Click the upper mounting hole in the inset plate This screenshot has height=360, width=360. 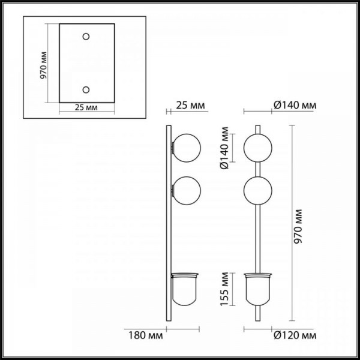86,37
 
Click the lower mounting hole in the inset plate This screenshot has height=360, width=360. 86,90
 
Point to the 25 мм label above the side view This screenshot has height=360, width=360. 191,106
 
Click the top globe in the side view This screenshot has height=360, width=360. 187,148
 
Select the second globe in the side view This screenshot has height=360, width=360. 187,191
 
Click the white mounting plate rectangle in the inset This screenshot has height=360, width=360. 86,63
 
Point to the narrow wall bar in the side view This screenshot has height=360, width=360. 169,240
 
